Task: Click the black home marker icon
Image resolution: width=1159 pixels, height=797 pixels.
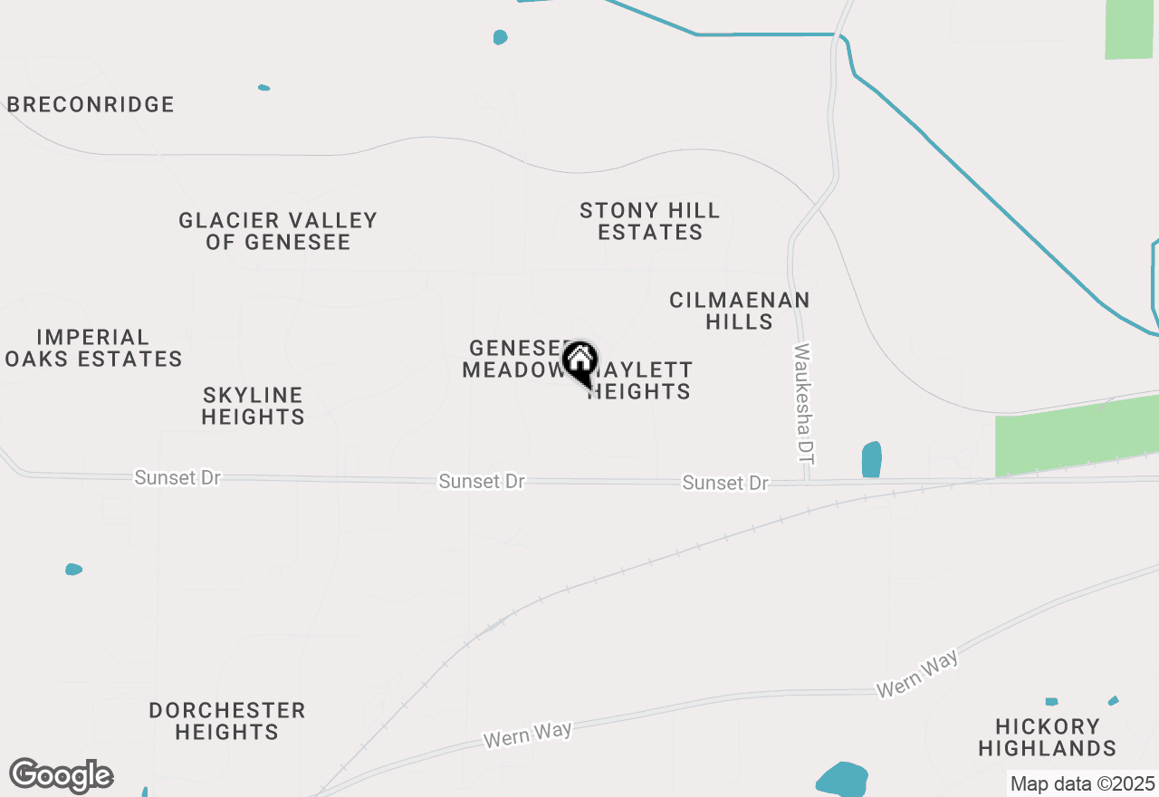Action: (x=580, y=361)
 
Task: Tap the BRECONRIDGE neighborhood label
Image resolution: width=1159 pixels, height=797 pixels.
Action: (x=91, y=105)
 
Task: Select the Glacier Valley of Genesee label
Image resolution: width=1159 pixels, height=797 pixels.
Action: (x=278, y=231)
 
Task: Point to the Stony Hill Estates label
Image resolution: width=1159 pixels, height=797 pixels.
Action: (x=650, y=222)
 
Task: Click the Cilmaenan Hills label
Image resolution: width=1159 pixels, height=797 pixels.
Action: (x=740, y=311)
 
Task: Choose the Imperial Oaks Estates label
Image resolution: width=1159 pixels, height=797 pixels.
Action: (x=93, y=349)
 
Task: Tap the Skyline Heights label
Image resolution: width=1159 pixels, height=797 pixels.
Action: (x=253, y=406)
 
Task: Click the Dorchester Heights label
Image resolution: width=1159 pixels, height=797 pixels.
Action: (x=227, y=721)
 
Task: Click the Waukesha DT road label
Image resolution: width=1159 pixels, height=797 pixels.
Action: (x=803, y=404)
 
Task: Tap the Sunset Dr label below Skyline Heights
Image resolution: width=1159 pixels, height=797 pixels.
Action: (x=177, y=477)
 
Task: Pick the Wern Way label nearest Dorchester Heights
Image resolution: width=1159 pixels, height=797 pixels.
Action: (x=528, y=735)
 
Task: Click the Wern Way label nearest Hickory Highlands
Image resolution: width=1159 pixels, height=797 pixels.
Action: (x=917, y=676)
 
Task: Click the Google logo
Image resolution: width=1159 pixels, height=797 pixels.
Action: (x=62, y=776)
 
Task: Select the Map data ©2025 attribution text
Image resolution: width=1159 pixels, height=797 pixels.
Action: (x=1082, y=783)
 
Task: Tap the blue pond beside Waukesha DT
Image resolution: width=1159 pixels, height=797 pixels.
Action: (x=871, y=459)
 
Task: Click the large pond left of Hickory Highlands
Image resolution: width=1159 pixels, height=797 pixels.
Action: (x=842, y=780)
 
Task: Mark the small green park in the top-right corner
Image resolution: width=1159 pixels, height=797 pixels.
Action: (x=1129, y=29)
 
